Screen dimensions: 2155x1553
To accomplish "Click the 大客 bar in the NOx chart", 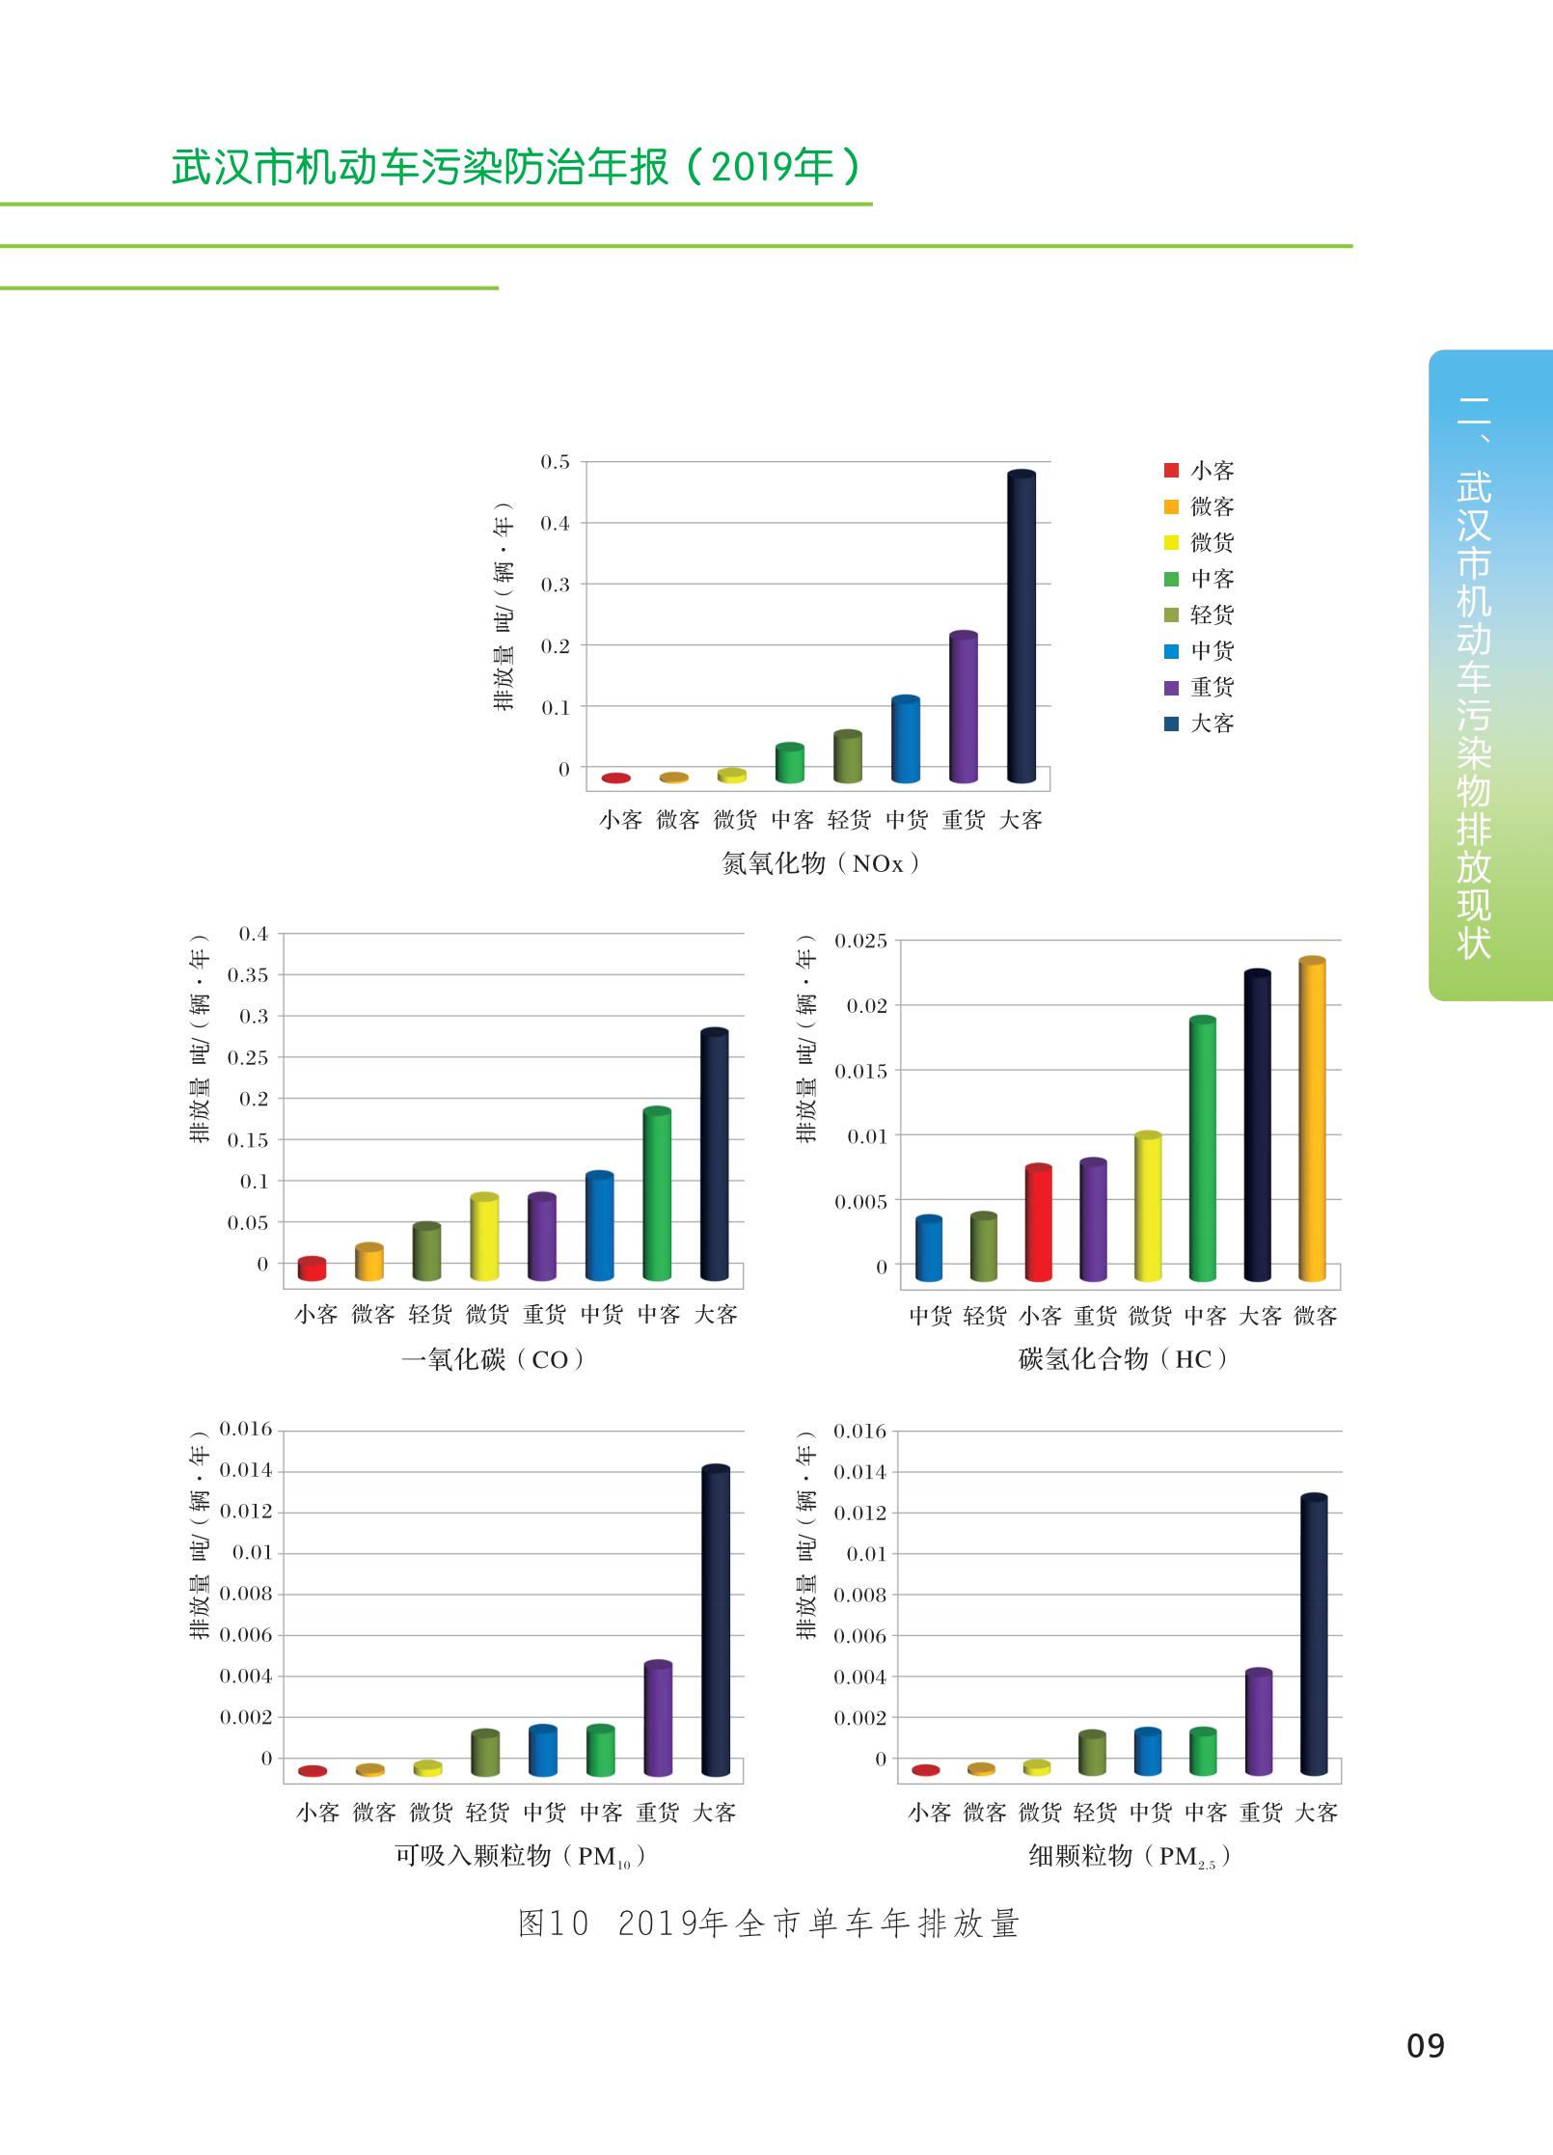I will coord(1021,627).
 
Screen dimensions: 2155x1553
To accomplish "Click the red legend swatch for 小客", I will coord(1171,471).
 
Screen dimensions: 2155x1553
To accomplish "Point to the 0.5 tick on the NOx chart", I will coord(556,462).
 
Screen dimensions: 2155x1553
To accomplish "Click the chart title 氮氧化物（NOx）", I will coord(820,863).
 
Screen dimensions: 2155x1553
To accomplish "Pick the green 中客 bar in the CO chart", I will coord(657,1195).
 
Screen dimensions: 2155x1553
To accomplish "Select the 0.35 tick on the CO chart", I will coord(248,974).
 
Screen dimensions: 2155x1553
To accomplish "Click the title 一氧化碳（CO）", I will coord(493,1359).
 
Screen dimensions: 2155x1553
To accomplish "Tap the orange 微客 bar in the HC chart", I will coord(1312,1120).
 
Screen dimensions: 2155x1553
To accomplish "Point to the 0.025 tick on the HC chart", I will coord(860,941).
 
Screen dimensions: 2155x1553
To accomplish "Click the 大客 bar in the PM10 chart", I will coord(715,1621).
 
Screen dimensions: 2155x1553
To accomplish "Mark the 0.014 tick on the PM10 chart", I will coord(246,1470).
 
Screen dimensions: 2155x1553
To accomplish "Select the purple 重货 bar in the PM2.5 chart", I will coord(1259,1723).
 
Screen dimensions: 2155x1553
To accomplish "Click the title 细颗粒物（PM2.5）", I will coord(1129,1856).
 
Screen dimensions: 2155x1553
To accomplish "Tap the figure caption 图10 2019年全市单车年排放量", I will coord(769,1923).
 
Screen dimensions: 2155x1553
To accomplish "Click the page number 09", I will coord(1425,2045).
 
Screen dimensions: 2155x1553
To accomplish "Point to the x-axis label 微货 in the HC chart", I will coord(1150,1316).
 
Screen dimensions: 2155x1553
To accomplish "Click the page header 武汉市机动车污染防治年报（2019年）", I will coord(516,167).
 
